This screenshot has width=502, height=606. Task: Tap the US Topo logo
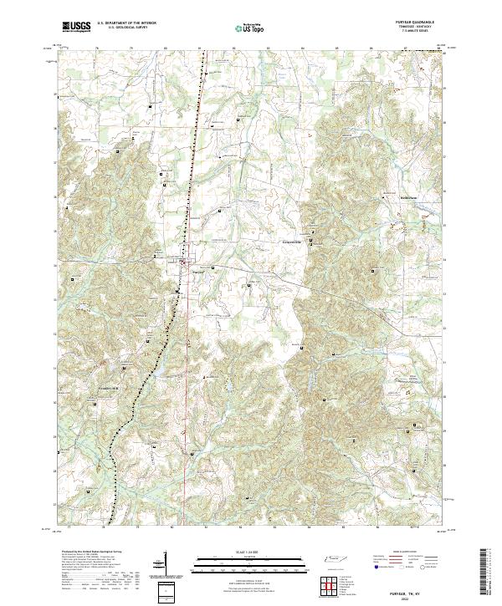[250, 28]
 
